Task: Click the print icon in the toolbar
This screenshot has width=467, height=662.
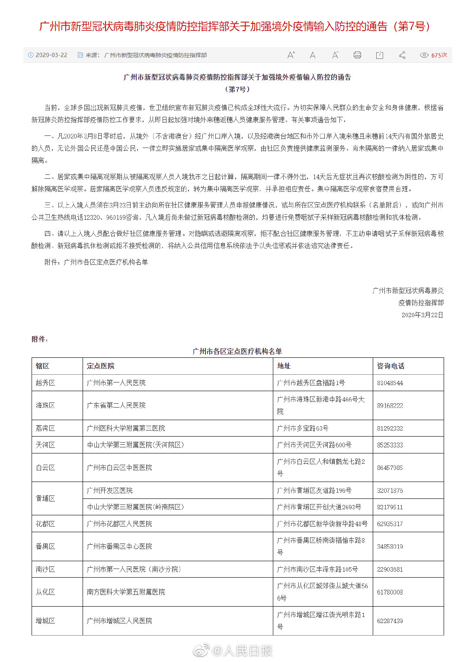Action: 357,55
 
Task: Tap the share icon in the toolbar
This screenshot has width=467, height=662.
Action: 402,55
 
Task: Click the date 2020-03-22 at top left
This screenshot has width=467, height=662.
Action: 51,55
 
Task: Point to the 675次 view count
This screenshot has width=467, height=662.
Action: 438,55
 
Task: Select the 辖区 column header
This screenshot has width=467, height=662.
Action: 42,366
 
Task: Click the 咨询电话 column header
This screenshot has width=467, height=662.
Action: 390,366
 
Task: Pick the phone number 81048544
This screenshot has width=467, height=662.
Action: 390,383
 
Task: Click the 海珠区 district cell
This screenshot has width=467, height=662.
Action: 45,405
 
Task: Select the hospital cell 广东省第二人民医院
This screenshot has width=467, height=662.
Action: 116,405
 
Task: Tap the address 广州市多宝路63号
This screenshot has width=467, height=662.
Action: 302,428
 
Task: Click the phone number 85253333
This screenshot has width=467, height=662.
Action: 390,445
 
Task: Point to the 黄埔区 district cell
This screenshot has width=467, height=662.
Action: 45,498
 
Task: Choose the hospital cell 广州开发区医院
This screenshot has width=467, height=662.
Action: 109,491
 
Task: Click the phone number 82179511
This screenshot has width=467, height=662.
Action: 390,507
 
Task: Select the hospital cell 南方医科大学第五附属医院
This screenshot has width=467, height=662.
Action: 126,592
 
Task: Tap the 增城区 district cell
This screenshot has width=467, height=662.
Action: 45,621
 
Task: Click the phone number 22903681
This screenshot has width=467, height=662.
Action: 390,569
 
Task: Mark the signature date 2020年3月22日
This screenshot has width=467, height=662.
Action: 422,315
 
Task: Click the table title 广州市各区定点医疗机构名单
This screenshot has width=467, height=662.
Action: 237,351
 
